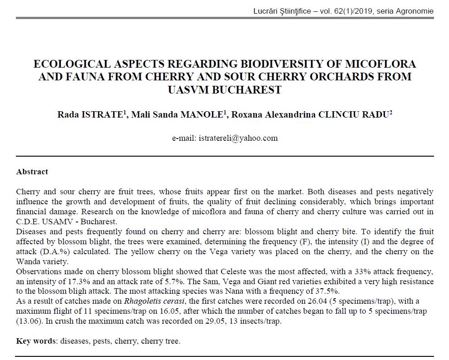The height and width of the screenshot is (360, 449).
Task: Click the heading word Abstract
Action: [32, 172]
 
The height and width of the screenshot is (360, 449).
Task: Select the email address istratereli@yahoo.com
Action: [238, 138]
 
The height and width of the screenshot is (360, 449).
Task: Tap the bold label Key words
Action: [35, 341]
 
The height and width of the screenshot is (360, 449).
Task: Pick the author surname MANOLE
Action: [204, 114]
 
